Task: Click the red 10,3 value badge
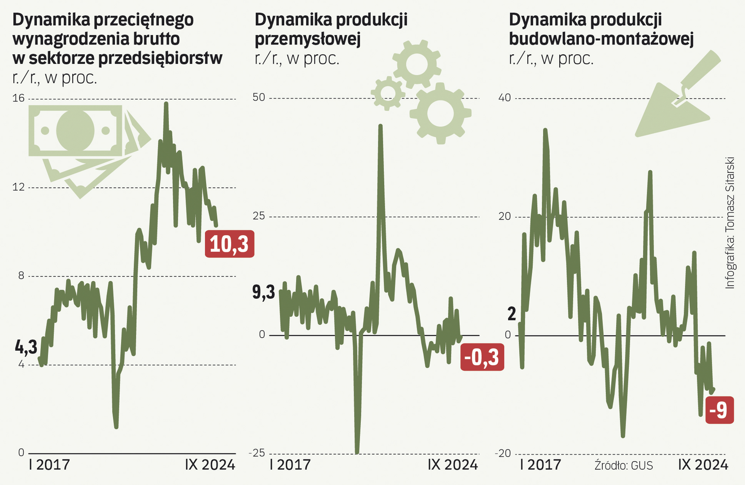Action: (x=229, y=244)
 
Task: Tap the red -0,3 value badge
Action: (x=482, y=357)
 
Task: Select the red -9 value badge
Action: (x=719, y=410)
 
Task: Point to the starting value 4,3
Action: (x=26, y=347)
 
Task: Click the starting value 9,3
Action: (x=263, y=292)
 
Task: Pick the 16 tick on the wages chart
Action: (x=18, y=98)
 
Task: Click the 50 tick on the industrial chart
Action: (x=259, y=97)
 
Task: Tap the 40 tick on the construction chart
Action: (x=504, y=97)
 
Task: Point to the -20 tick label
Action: (x=503, y=453)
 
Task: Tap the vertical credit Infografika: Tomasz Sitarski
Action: (x=730, y=223)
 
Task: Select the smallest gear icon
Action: (x=388, y=93)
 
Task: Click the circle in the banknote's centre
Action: (x=75, y=131)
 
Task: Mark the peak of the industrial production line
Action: (x=380, y=126)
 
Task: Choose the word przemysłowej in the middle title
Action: (x=307, y=39)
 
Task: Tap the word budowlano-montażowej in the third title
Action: (x=601, y=39)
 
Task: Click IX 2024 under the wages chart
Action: (x=210, y=464)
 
